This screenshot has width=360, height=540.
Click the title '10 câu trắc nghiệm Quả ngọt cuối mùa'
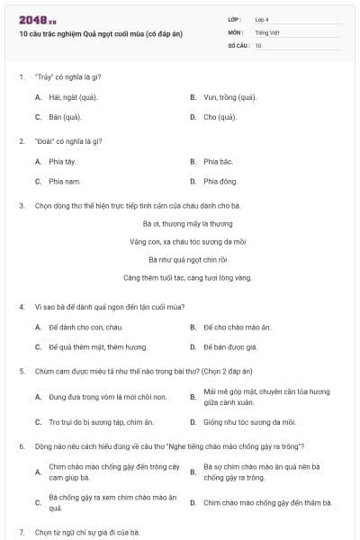click(x=100, y=33)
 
